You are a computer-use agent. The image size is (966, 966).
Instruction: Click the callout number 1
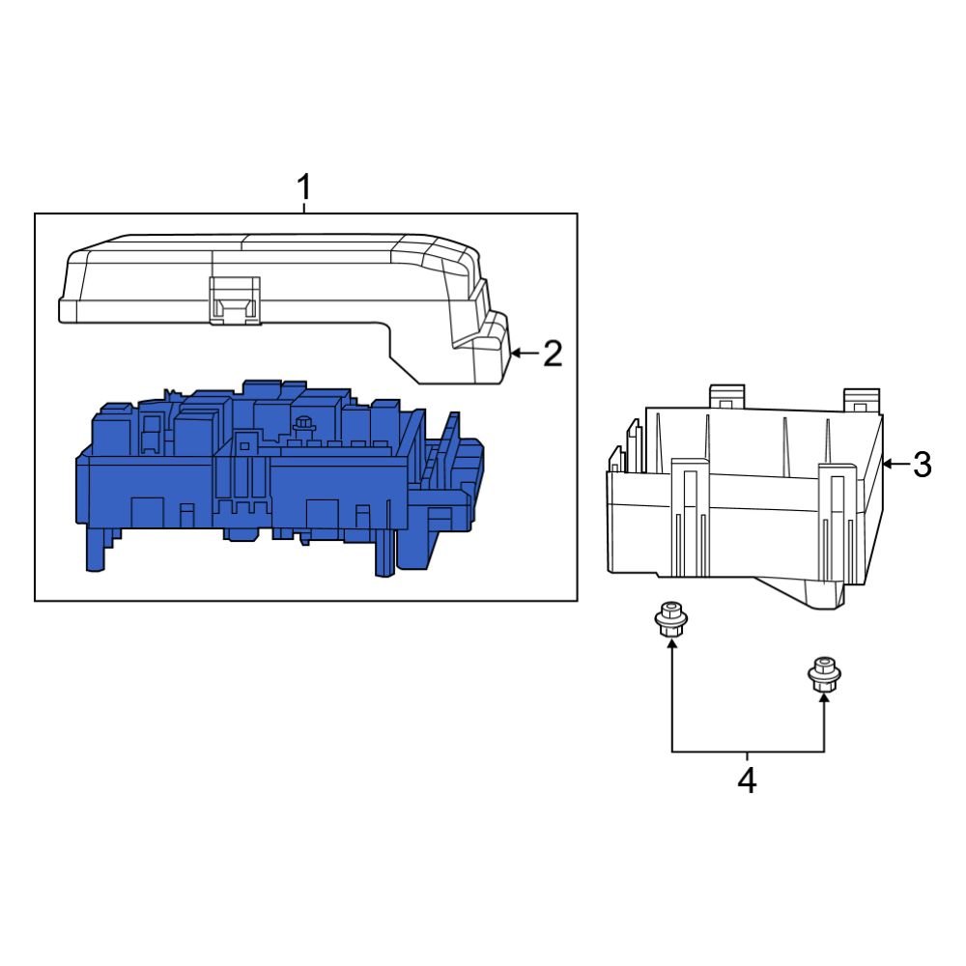[304, 186]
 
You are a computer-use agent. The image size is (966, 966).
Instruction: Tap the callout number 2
[552, 354]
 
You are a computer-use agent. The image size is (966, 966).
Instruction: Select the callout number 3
[922, 465]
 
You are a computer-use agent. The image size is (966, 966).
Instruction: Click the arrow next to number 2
[523, 354]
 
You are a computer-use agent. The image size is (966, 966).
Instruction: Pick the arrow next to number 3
[895, 465]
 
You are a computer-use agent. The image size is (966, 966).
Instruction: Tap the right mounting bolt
[822, 673]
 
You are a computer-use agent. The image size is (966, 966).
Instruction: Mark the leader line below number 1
[304, 207]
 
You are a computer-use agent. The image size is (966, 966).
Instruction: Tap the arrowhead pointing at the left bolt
[670, 645]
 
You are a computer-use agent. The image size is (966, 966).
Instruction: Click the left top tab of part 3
[728, 396]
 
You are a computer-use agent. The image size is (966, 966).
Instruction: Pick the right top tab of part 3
[860, 399]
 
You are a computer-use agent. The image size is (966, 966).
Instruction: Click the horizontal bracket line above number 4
[747, 752]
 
